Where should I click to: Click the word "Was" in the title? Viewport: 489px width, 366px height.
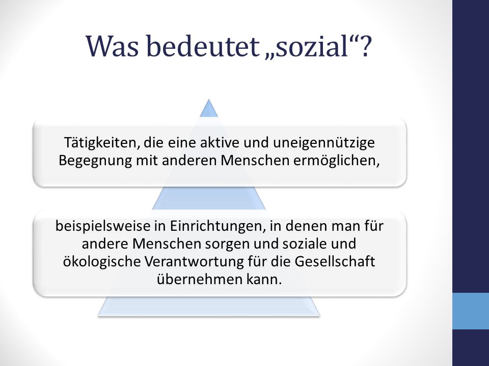coord(113,46)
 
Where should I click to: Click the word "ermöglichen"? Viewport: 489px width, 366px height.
coord(337,161)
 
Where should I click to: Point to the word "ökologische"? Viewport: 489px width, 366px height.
coord(101,262)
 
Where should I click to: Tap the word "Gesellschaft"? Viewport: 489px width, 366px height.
coord(335,261)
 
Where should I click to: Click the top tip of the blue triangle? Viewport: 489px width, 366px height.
coord(209,100)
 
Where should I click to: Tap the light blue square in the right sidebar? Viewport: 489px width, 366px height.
coord(471,311)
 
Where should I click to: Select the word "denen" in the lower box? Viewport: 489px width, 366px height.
coord(303,226)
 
